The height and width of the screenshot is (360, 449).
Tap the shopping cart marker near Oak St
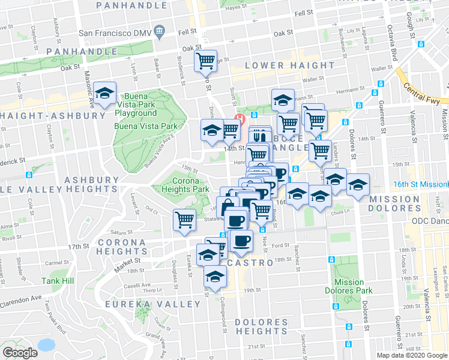pos(205,61)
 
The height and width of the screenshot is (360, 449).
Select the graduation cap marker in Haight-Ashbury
pos(105,94)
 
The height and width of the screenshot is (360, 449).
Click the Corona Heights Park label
pos(190,185)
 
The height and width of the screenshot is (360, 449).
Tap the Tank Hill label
pos(58,280)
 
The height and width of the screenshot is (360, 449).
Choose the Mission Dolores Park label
pos(349,286)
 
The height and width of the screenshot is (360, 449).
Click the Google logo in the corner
pos(20,353)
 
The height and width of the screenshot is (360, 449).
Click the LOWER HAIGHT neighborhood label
pos(291,65)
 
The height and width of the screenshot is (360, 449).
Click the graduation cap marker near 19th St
pos(214,276)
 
